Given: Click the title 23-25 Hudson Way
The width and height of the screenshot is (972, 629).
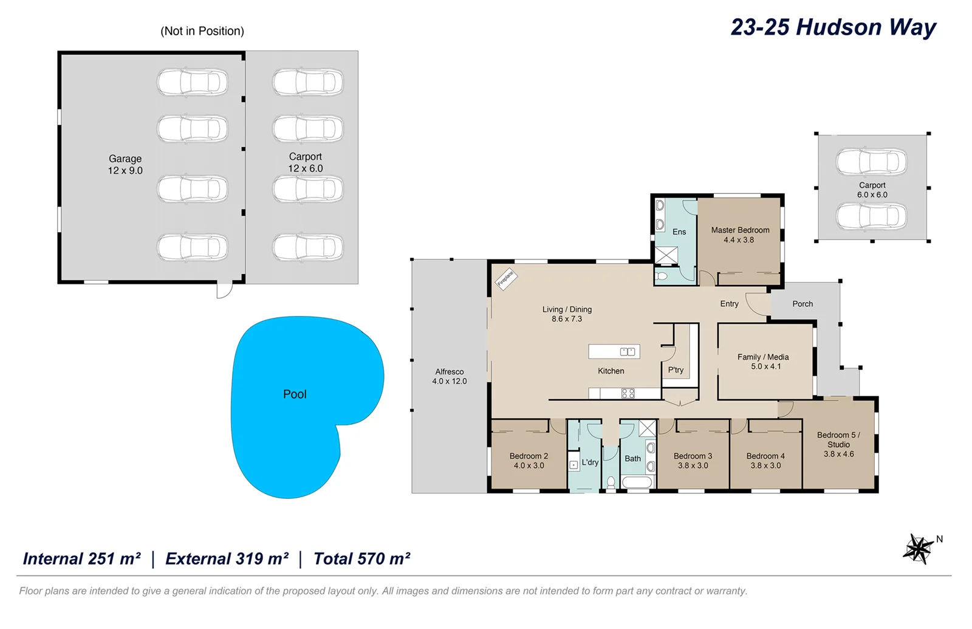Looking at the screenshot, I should point(833,27).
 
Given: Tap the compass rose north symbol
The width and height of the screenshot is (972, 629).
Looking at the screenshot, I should point(919,548).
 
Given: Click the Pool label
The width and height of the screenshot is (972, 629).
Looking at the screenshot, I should point(295,394).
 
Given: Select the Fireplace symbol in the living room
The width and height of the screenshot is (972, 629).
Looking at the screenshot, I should point(505,278).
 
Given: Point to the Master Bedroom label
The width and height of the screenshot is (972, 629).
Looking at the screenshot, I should point(740,235).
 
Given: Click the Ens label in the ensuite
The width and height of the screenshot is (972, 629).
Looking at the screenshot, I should point(679,232).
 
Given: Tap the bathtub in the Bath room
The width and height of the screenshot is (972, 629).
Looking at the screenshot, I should point(637,483).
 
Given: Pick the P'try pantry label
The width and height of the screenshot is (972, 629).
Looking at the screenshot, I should point(676,369).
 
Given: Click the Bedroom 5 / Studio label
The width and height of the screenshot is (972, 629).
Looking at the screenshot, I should point(838,444).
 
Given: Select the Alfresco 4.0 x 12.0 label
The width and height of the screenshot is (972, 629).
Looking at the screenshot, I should point(450,376).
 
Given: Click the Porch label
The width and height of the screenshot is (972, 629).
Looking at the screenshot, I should point(802,304).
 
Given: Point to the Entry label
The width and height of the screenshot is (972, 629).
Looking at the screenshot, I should point(729,304).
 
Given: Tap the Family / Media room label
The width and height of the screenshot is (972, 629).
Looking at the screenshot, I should point(763,362).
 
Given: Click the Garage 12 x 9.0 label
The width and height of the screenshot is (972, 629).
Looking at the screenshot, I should point(125,164).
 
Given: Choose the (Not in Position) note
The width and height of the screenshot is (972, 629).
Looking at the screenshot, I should point(202,31).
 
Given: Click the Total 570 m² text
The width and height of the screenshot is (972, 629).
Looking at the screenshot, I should point(361,559).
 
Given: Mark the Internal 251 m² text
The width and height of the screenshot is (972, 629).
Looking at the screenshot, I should point(82,559).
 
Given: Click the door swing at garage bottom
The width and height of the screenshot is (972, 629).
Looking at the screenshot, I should point(224,290).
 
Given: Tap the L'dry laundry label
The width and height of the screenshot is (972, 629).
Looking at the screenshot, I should point(590,462).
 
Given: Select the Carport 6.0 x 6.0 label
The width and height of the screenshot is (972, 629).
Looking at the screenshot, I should point(872,190).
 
